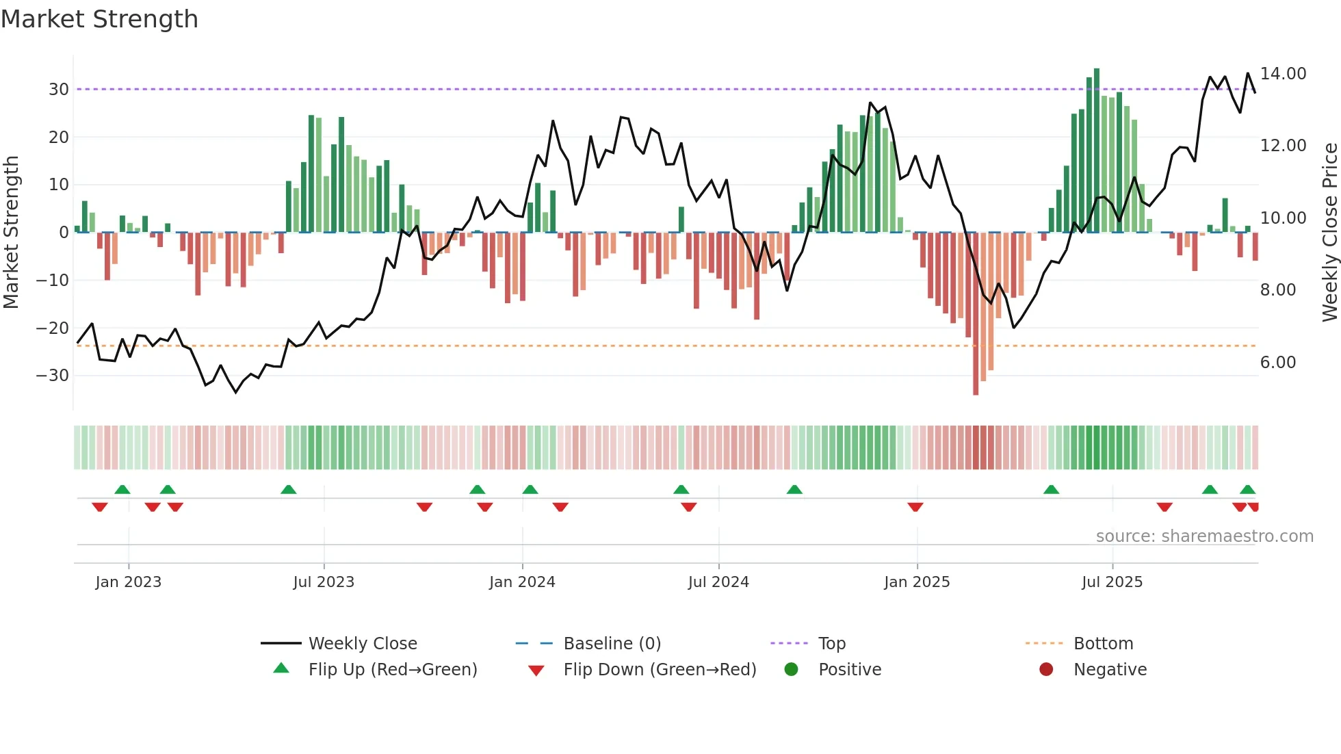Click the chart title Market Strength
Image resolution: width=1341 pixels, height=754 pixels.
tap(99, 19)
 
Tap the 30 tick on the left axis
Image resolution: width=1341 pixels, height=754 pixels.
tap(59, 90)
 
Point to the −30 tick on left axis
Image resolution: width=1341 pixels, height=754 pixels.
tap(53, 376)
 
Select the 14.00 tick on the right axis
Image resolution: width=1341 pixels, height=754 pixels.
tap(1283, 74)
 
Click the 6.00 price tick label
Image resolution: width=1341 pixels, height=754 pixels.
tap(1278, 363)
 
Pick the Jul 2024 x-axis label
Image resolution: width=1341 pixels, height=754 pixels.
tap(718, 582)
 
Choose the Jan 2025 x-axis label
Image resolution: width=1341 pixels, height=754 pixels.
tap(917, 582)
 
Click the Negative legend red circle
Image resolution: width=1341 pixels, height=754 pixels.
tap(1046, 670)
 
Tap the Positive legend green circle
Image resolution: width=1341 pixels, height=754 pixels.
tap(792, 670)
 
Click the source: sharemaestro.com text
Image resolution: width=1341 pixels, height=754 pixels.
tap(1204, 536)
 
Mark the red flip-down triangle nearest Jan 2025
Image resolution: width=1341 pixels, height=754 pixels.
tap(915, 507)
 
